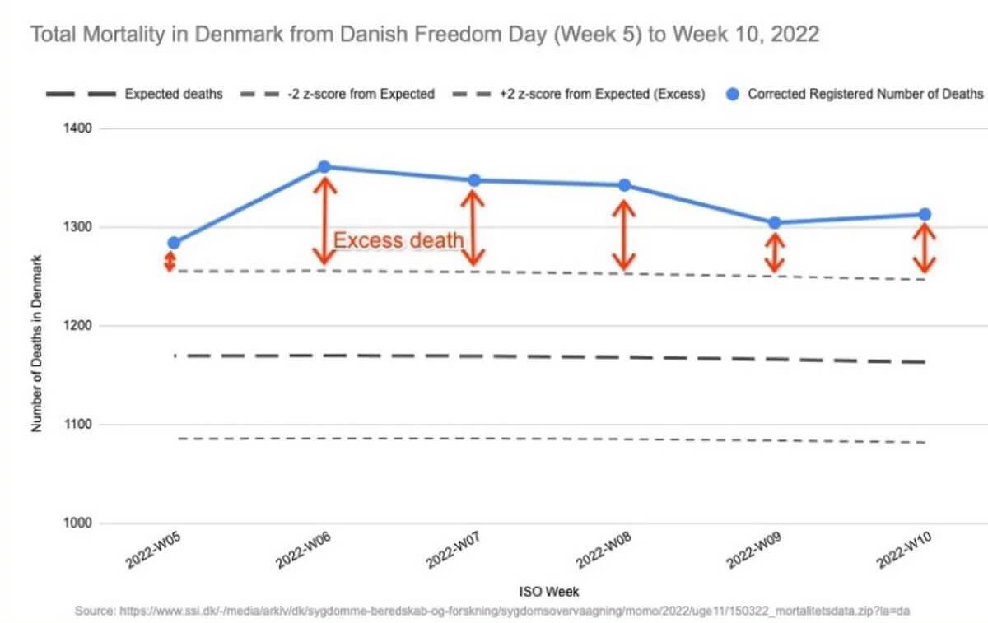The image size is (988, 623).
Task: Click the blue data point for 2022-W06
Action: (324, 167)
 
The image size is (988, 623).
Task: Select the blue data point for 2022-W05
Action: (174, 243)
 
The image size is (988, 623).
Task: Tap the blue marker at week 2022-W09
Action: (774, 223)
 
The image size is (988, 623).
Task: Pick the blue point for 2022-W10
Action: (925, 215)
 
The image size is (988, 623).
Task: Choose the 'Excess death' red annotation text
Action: (398, 241)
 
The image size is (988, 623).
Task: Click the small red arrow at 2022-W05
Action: (170, 262)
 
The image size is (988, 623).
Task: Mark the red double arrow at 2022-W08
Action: (624, 235)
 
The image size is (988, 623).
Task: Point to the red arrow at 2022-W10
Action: (925, 249)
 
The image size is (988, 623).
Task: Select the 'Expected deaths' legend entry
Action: (174, 94)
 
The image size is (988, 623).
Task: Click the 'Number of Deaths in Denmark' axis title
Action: (36, 345)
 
